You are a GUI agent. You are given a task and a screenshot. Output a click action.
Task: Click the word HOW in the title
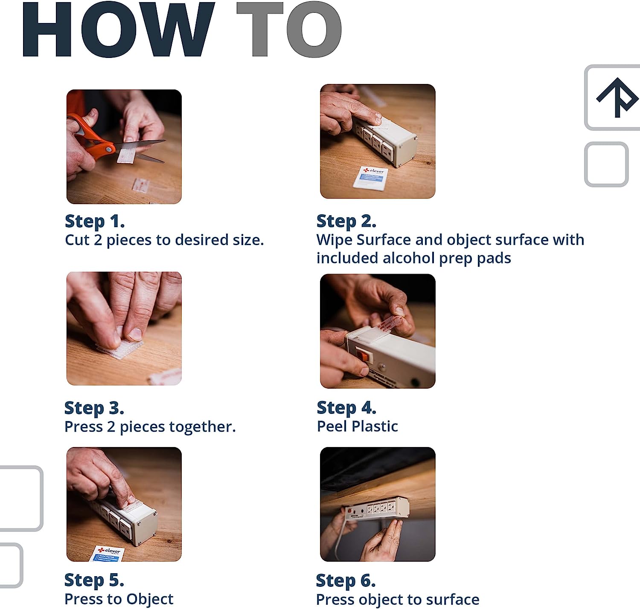(118, 29)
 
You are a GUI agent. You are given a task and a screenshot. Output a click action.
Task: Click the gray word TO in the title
(289, 29)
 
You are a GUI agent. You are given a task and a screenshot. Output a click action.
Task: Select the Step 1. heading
(95, 222)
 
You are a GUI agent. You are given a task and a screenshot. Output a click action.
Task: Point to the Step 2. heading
(346, 222)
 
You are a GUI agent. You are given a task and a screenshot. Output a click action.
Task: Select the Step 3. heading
(94, 408)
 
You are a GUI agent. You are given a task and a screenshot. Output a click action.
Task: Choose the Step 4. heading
(347, 408)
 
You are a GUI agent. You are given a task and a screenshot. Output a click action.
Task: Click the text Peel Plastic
(358, 426)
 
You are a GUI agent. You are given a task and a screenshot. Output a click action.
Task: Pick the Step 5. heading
(94, 580)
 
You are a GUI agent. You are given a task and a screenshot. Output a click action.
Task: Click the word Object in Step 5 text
(150, 599)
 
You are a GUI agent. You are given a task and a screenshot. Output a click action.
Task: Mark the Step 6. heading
(346, 581)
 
